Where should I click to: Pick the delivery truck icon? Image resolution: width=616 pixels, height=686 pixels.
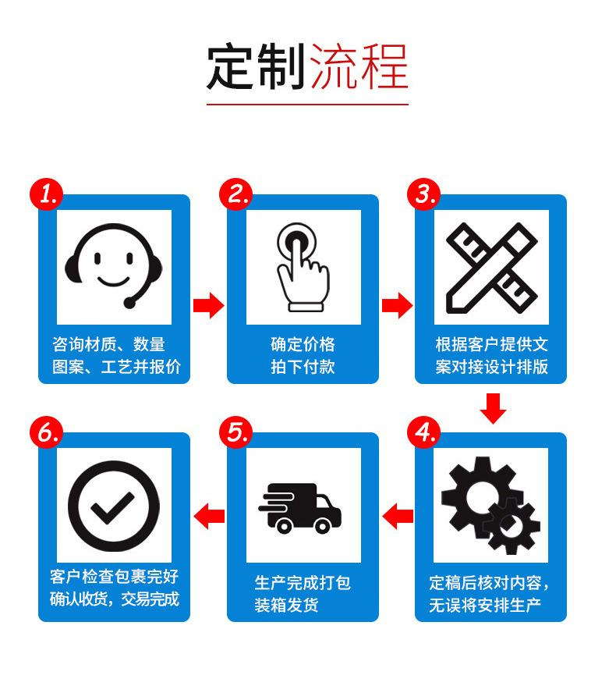pyautogui.click(x=300, y=507)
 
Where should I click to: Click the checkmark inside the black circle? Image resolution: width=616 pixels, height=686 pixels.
pyautogui.click(x=114, y=507)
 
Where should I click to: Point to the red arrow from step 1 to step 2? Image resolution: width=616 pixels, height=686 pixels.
pyautogui.click(x=208, y=304)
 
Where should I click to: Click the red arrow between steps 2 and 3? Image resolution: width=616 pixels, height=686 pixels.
pyautogui.click(x=397, y=304)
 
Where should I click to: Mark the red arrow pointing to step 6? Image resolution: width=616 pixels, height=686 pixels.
pyautogui.click(x=209, y=514)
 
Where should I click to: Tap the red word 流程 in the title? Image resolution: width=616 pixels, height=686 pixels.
pyautogui.click(x=359, y=69)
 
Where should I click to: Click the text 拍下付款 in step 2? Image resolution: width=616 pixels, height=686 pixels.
pyautogui.click(x=303, y=367)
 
